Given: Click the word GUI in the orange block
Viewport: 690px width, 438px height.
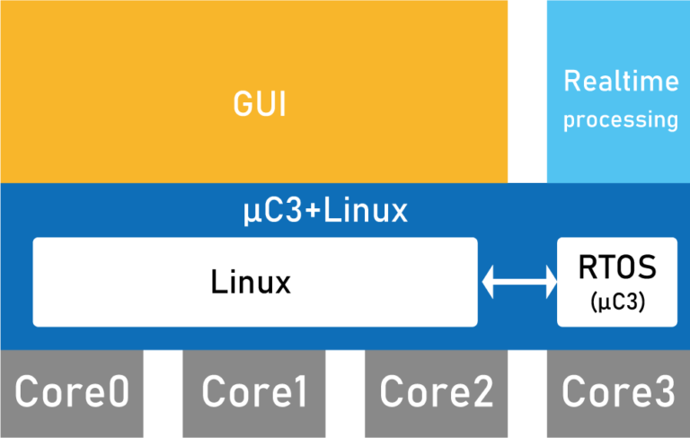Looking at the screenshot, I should [260, 105].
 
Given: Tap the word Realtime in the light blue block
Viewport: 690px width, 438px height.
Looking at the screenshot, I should [621, 82].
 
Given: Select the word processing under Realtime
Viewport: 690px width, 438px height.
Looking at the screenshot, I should [621, 119].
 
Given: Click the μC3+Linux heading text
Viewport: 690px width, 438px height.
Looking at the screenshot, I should [326, 212].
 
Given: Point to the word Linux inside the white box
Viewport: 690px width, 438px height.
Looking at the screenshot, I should [251, 283].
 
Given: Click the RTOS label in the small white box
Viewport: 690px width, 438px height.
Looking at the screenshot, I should [617, 267].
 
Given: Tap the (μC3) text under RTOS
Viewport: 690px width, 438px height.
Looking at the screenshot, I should [617, 302].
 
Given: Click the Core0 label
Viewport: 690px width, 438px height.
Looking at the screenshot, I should [72, 392].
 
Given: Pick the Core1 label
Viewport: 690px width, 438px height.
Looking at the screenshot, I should [254, 392].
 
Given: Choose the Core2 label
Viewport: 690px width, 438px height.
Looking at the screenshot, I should [437, 392].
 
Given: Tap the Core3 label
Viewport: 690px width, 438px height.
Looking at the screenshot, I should [618, 392].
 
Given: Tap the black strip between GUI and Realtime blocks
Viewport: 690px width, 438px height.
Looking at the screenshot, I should [527, 90].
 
